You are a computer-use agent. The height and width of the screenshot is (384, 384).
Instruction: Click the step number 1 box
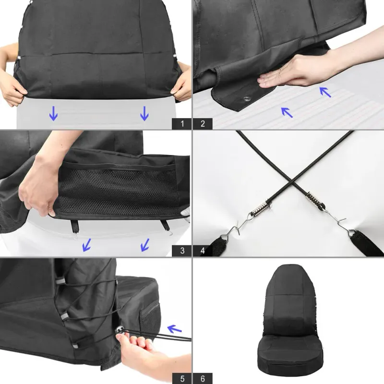pyautogui.click(x=182, y=124)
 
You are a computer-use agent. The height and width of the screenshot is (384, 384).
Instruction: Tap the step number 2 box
pyautogui.click(x=203, y=124)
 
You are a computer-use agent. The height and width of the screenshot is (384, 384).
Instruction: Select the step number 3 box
pyautogui.click(x=182, y=250)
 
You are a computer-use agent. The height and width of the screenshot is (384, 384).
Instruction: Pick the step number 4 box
pyautogui.click(x=203, y=250)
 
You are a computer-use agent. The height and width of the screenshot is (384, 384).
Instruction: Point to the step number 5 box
pyautogui.click(x=182, y=378)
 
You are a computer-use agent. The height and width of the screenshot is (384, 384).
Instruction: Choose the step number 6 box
pyautogui.click(x=203, y=378)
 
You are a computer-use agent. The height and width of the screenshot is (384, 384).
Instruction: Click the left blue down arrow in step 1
pyautogui.click(x=53, y=113)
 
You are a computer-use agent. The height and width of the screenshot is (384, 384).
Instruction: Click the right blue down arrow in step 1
pyautogui.click(x=144, y=113)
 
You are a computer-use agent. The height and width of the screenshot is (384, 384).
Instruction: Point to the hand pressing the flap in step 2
pyautogui.click(x=283, y=72)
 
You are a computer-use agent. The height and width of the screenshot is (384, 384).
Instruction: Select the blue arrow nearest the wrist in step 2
pyautogui.click(x=325, y=91)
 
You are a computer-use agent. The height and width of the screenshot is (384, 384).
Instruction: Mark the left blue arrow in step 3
pyautogui.click(x=87, y=245)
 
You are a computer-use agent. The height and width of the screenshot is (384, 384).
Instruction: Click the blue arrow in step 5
pyautogui.click(x=174, y=329)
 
